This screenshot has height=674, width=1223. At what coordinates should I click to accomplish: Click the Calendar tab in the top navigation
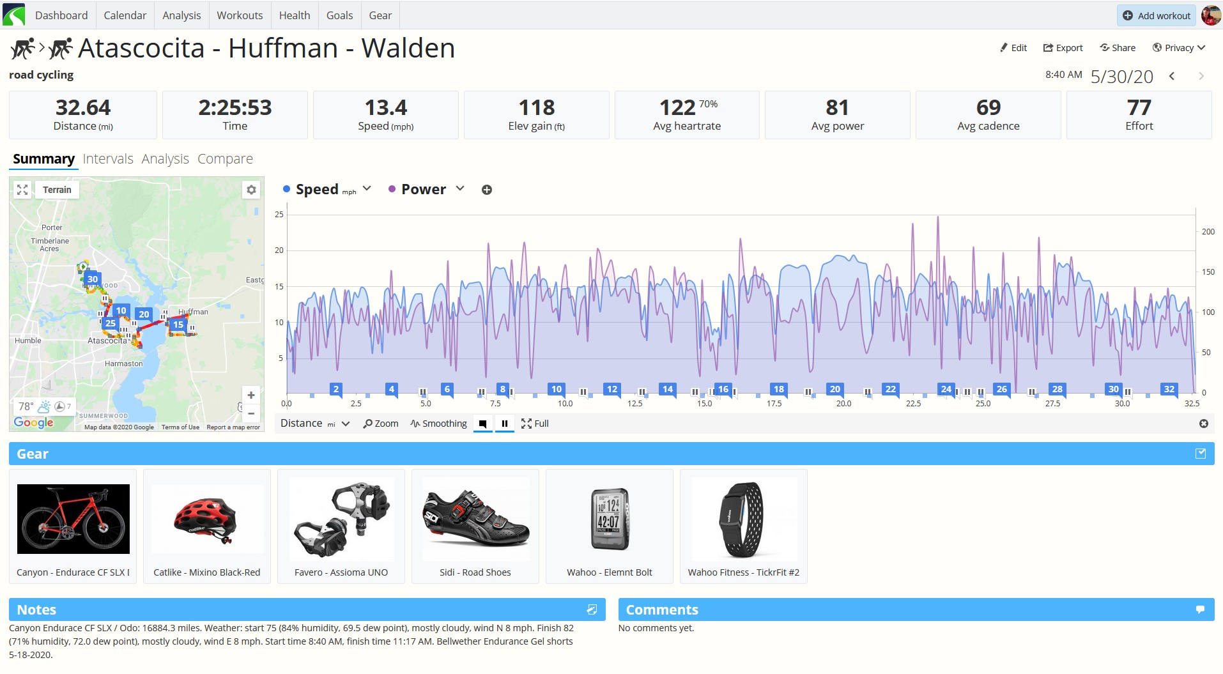pos(125,15)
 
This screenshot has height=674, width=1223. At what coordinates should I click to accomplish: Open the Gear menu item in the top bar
pos(380,15)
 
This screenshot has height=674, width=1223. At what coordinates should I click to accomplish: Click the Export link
pos(1063,48)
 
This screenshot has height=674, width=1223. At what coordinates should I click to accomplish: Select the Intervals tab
pos(108,158)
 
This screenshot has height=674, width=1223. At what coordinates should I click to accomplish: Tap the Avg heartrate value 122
pos(677,107)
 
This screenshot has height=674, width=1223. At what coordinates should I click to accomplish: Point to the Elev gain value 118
pos(537,107)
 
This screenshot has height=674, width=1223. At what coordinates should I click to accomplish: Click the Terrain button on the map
pos(57,190)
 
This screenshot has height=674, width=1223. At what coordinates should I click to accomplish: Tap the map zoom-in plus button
pos(251,395)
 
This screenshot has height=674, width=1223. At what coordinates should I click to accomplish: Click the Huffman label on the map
pos(193,312)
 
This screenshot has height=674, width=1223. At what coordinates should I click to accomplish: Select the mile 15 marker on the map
pos(178,325)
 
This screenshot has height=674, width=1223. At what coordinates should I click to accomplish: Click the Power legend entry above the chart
pos(423,189)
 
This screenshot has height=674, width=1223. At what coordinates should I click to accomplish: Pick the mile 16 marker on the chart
pos(723,389)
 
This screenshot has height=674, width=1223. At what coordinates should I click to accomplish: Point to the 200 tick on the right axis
pos(1208,231)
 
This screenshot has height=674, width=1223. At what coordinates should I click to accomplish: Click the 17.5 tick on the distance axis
pos(774,404)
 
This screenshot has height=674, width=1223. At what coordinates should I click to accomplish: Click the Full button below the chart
pos(535,424)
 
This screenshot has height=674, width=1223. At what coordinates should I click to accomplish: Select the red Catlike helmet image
pos(206,519)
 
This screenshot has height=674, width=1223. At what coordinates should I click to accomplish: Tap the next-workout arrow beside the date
pos(1201,76)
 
